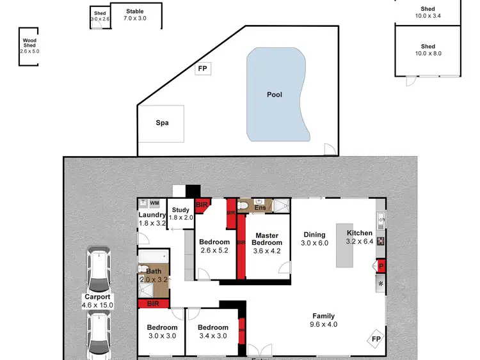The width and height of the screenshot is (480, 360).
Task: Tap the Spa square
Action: [162, 123]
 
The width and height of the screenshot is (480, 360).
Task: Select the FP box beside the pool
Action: [203, 68]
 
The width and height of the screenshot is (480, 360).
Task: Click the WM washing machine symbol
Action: [154, 203]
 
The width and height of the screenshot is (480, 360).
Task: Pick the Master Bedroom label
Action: [267, 239]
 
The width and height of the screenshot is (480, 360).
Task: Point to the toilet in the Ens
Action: [244, 206]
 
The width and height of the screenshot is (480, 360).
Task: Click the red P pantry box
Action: [381, 265]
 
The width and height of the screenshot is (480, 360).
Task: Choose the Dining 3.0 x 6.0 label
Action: [314, 239]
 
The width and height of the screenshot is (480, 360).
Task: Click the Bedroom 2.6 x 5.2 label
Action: [214, 246]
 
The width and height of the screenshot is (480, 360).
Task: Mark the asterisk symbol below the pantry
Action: [381, 283]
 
